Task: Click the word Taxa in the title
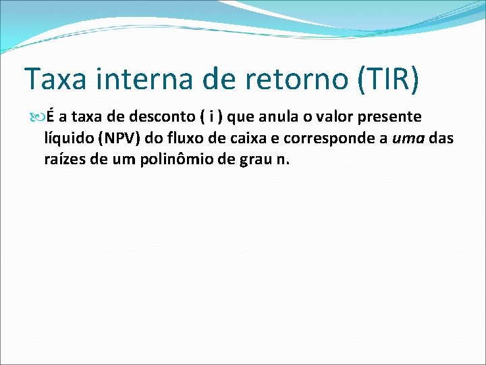56,79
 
